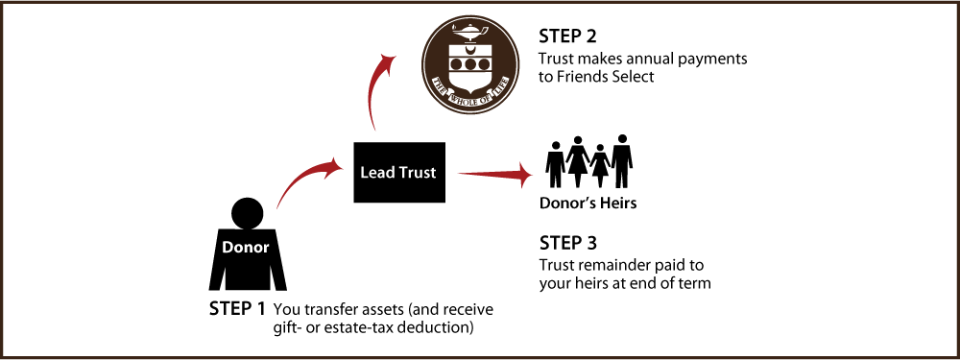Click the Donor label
(246, 248)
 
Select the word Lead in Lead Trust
(377, 173)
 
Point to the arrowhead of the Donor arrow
(335, 167)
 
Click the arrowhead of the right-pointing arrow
(524, 174)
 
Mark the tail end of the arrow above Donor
(278, 205)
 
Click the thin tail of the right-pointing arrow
(461, 174)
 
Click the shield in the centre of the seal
(470, 63)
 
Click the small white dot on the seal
(466, 101)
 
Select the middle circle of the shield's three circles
(470, 64)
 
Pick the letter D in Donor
(228, 248)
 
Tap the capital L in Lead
(365, 173)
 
